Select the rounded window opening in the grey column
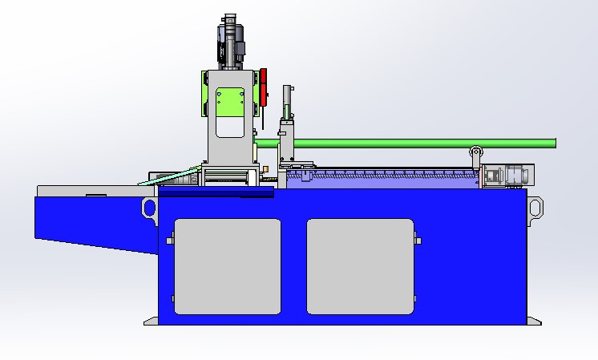[231, 125]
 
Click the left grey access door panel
[228, 266]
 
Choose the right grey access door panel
[360, 266]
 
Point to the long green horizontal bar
[417, 144]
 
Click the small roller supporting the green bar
[475, 152]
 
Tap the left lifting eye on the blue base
[149, 208]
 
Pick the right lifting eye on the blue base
[535, 207]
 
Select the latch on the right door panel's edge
[418, 241]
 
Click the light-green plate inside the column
[231, 101]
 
